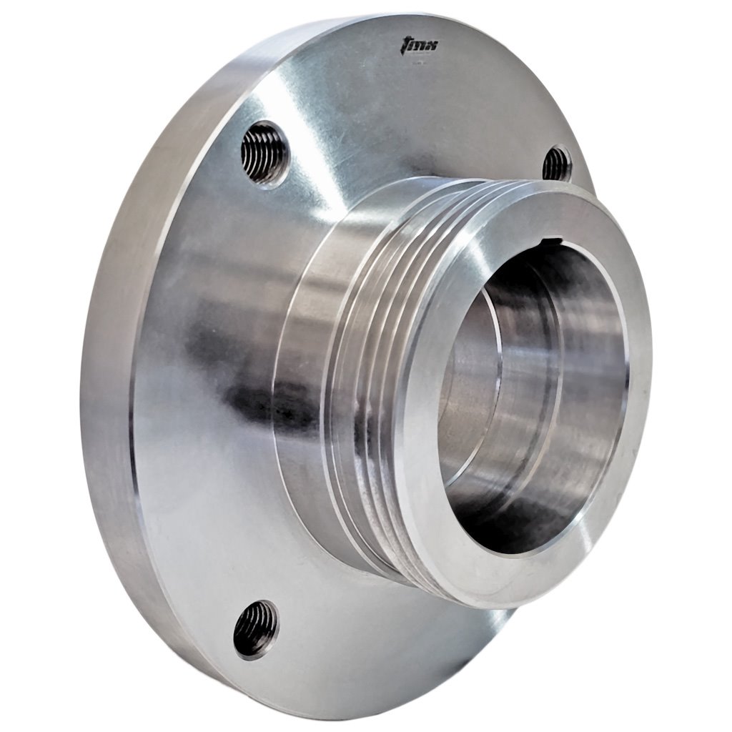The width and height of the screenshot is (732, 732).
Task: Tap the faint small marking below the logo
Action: coord(420,63)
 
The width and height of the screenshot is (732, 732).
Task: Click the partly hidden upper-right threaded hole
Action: coord(557,164)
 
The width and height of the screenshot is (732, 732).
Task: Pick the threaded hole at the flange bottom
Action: coord(255,628)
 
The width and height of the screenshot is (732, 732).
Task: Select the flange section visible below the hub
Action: coord(400,643)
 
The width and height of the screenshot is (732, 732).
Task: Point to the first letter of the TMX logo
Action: coord(404,48)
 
